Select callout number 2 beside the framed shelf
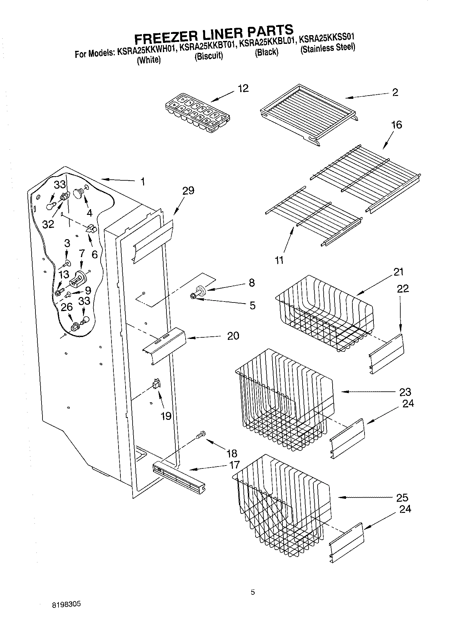[395, 92]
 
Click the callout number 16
[396, 125]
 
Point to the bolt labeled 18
[201, 435]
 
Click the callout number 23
[405, 392]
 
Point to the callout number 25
[402, 498]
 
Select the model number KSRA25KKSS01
[327, 38]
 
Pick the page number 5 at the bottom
[253, 593]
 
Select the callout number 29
[188, 191]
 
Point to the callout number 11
[279, 260]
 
